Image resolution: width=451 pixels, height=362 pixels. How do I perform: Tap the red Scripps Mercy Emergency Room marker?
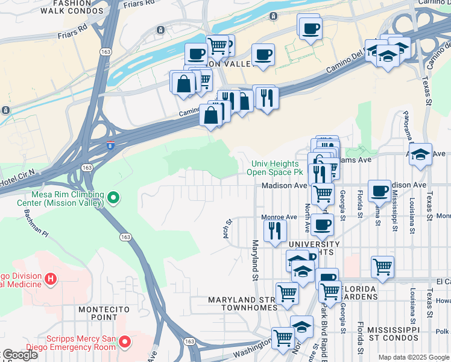tap(125, 343)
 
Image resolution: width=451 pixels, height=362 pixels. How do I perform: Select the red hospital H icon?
tap(51, 279)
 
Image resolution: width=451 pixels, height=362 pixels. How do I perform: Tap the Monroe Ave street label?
tap(279, 217)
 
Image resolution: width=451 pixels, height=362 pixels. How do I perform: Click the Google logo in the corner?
tap(19, 355)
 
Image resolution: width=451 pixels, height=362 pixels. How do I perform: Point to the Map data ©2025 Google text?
tap(413, 357)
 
